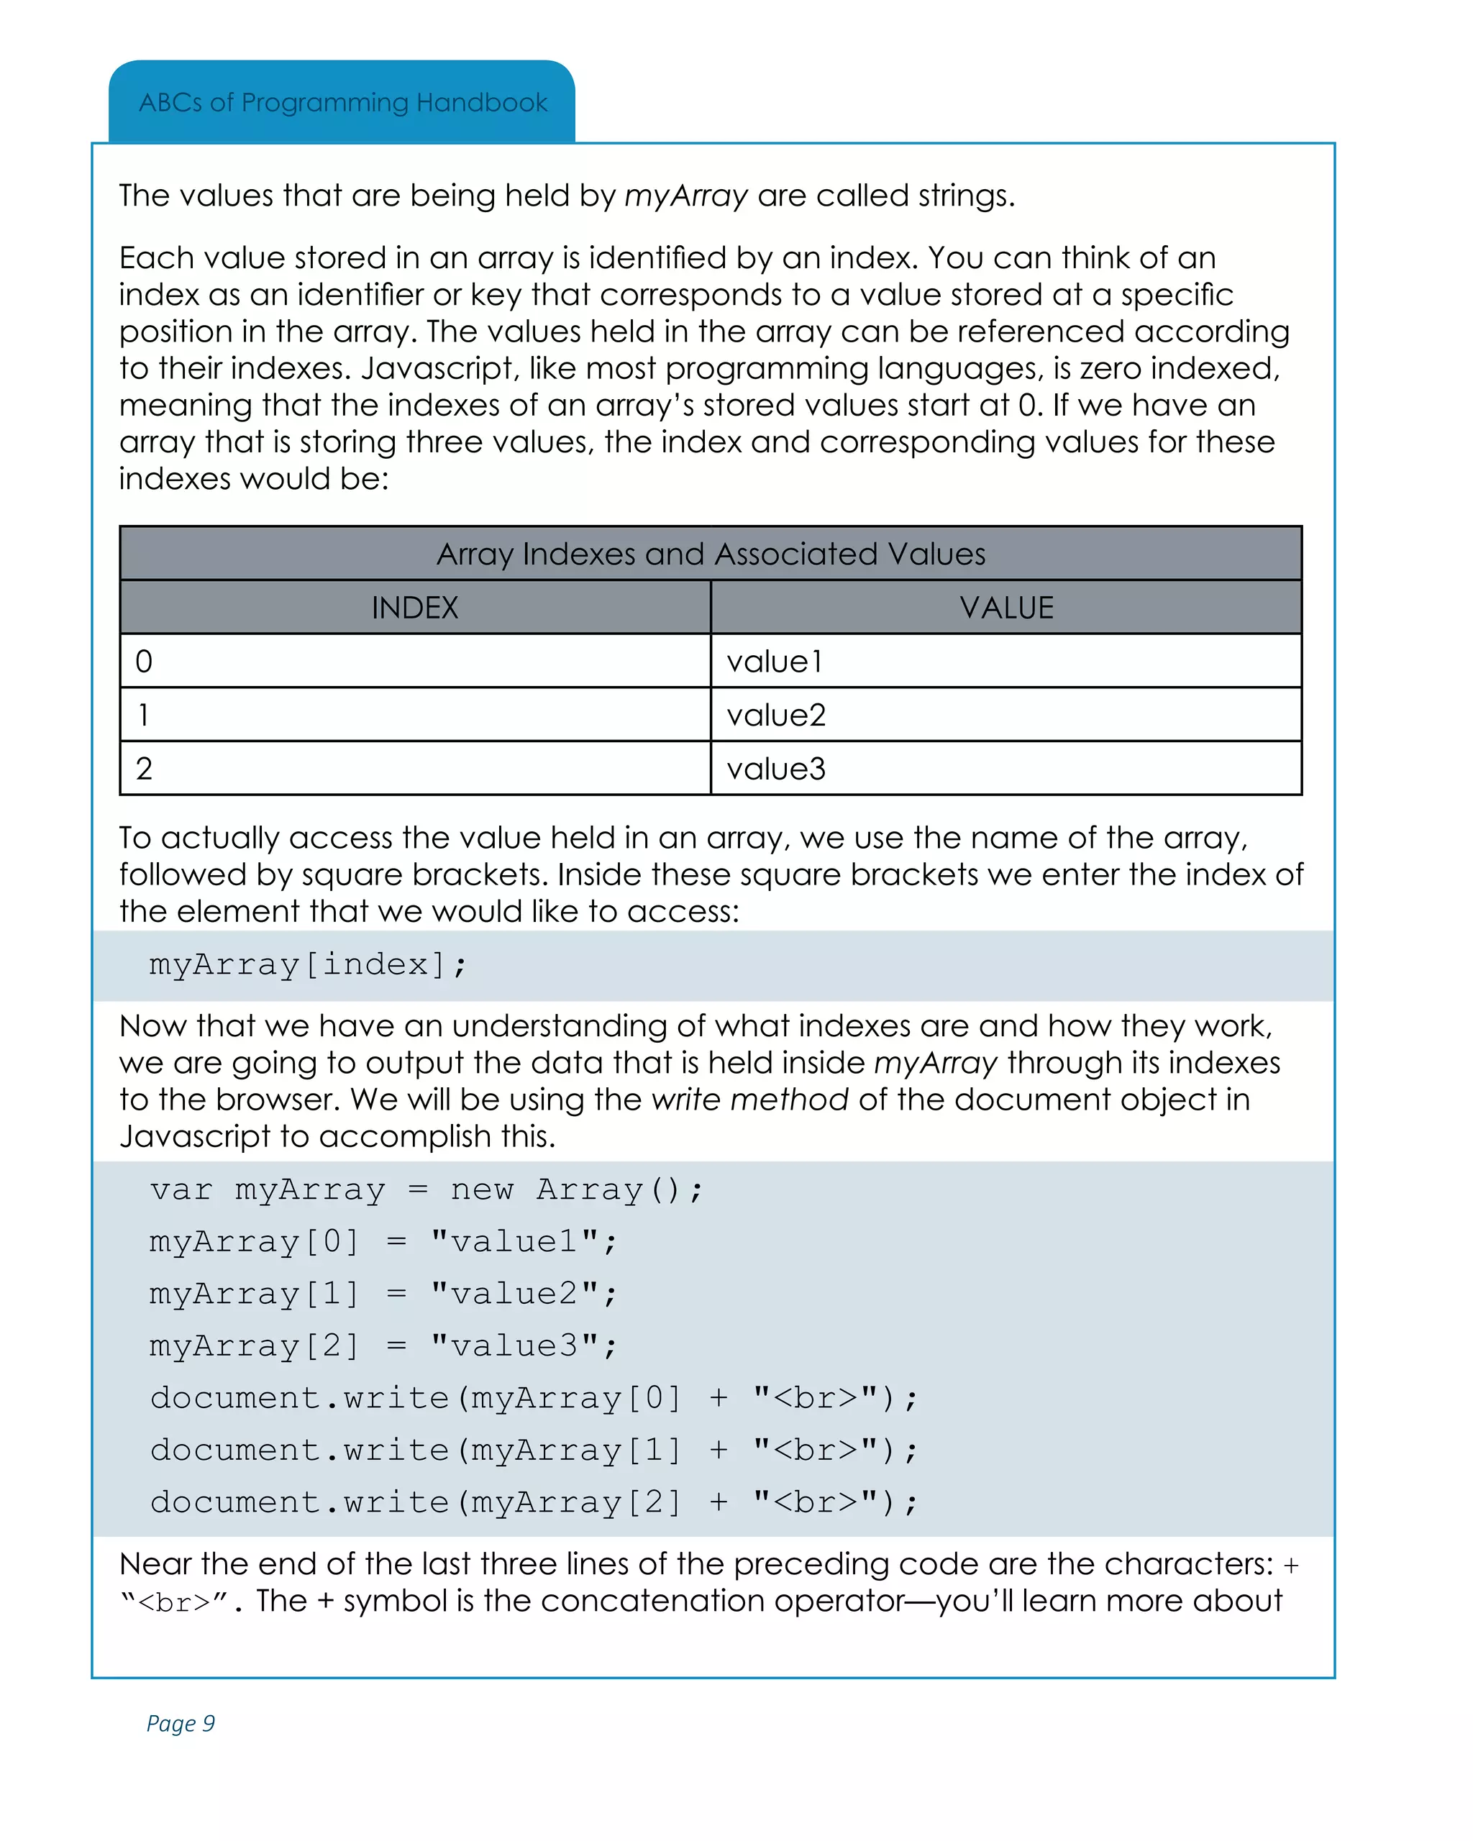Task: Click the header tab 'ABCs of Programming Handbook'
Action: [x=342, y=102]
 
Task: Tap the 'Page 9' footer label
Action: [x=181, y=1722]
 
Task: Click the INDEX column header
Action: [x=415, y=608]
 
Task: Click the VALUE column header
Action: [x=1006, y=608]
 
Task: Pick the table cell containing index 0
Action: [x=415, y=662]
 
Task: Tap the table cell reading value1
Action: [x=1006, y=662]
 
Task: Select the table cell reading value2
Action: [x=1006, y=716]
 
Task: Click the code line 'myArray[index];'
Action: [x=307, y=965]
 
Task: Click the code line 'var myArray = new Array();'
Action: [x=426, y=1189]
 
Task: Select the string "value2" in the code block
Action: [x=515, y=1294]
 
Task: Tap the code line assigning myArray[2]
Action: [x=383, y=1346]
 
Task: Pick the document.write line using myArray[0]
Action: [x=533, y=1398]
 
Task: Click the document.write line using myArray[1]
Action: [x=533, y=1450]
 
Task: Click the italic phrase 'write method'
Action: [x=749, y=1100]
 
